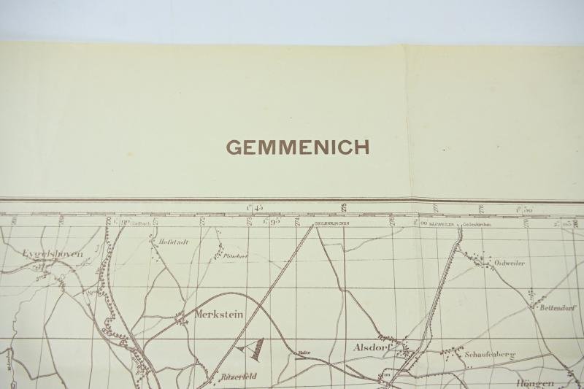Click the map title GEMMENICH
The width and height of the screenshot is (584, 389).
(x=297, y=147)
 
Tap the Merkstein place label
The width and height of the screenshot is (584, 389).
(x=218, y=315)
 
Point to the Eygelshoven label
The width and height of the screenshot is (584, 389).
(x=52, y=254)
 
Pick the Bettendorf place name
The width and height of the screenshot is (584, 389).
(x=558, y=308)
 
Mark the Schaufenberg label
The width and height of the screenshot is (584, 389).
(x=489, y=355)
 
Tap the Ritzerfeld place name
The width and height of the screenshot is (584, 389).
(x=238, y=377)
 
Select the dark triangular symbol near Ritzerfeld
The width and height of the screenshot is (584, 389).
(x=255, y=350)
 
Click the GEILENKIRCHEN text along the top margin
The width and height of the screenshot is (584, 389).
(x=331, y=223)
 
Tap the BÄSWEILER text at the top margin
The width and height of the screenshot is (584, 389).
(x=442, y=225)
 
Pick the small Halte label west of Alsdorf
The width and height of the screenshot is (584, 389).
(x=304, y=353)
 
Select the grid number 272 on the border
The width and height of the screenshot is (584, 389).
(x=202, y=220)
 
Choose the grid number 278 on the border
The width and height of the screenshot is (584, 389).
(x=481, y=209)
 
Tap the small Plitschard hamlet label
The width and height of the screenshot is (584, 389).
(x=236, y=256)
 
